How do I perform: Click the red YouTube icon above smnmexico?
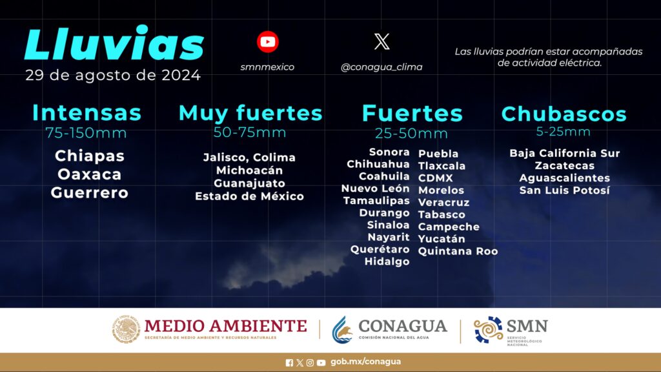point(268,42)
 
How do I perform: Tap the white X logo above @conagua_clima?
point(382,42)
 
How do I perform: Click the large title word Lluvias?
point(114,43)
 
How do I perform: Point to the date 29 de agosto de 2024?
point(113,75)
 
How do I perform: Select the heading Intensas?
point(87,112)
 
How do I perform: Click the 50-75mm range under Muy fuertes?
point(250,132)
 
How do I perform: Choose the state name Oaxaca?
point(89,174)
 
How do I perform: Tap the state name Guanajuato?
point(250,183)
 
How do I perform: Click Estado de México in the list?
point(250,196)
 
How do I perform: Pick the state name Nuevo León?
point(375,189)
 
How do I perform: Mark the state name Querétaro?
point(380,249)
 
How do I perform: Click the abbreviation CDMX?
point(436,178)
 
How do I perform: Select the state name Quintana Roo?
point(458,251)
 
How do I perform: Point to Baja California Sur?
point(564,153)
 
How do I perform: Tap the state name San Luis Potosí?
point(564,191)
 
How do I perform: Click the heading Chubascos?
point(564,114)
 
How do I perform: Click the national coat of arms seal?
point(126,329)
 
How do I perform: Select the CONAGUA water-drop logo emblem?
point(342,329)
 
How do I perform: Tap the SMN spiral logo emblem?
point(488,329)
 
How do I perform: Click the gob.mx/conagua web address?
point(365,362)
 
